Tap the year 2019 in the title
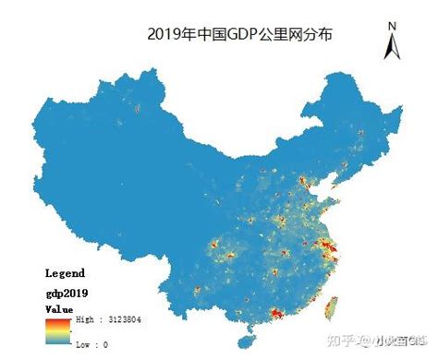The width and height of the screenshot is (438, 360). point(168,35)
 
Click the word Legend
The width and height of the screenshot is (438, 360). point(65,273)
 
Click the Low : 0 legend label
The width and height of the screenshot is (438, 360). point(93,343)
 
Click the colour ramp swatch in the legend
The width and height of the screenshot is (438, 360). point(55,330)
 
